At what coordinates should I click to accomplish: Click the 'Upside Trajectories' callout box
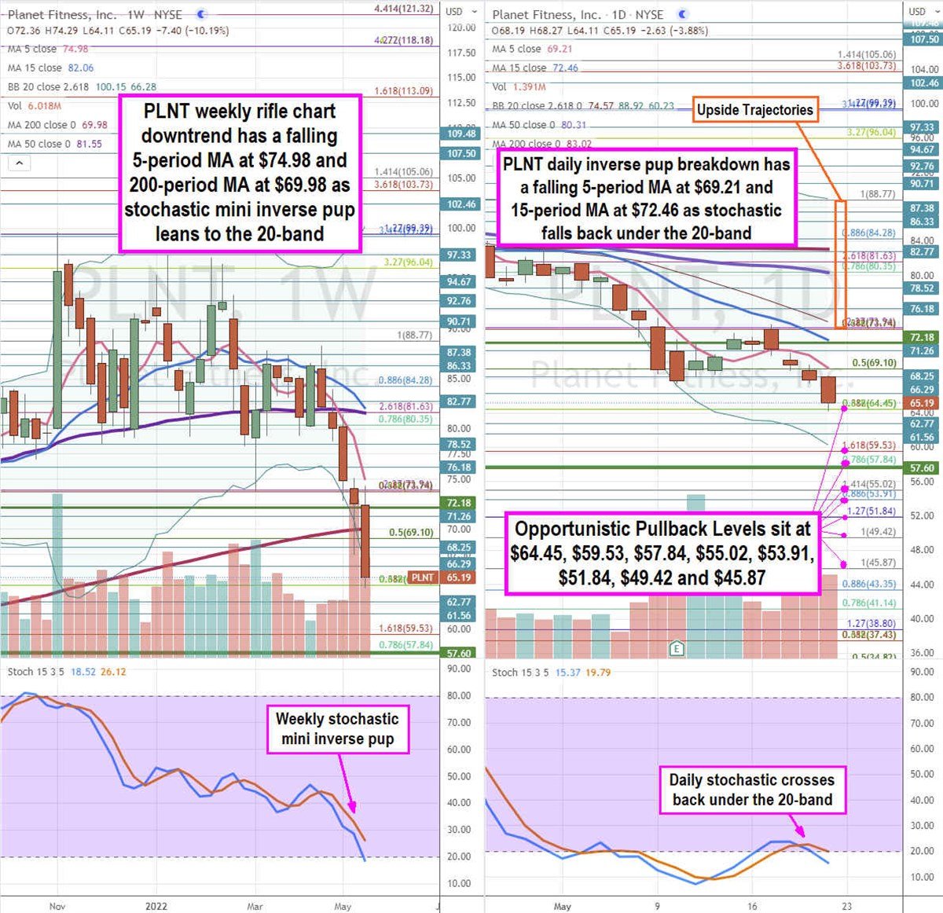754,110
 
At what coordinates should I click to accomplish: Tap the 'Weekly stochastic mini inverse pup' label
337,728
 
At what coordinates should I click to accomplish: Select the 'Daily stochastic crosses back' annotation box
752,790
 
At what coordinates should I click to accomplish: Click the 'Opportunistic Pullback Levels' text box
662,552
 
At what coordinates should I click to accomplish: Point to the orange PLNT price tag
422,577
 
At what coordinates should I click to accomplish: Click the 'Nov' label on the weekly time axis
57,906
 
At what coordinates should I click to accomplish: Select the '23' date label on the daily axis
847,906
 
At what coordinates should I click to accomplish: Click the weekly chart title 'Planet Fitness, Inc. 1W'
94,15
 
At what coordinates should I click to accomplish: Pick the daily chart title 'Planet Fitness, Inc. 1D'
578,15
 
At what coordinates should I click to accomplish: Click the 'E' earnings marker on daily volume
675,648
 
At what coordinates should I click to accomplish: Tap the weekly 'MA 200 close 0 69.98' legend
57,125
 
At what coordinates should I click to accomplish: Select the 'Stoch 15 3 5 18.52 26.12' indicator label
66,672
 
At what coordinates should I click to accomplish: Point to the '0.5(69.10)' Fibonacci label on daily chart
874,363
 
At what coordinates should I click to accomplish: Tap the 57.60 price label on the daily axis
922,468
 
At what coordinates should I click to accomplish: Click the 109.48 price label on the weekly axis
462,134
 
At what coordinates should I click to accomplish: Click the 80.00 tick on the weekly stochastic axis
458,695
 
